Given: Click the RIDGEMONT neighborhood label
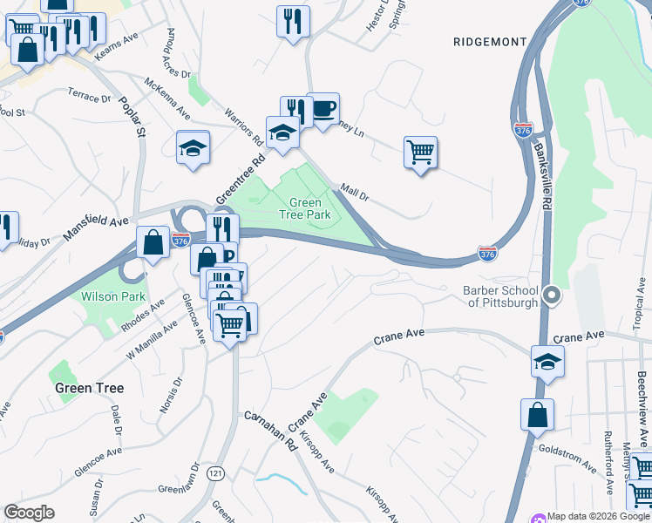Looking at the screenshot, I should click(490, 42).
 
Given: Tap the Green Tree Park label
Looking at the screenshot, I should click(305, 207).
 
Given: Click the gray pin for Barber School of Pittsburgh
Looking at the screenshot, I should click(550, 296).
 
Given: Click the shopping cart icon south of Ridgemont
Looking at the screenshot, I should click(420, 153).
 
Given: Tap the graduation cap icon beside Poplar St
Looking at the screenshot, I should click(193, 147).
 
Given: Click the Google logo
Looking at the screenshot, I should click(30, 513).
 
